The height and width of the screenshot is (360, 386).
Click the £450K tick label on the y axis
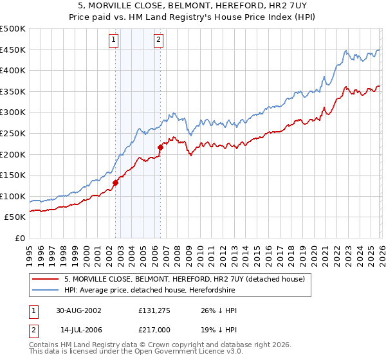(x=13, y=50)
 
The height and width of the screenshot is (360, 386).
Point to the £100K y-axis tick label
(x=13, y=196)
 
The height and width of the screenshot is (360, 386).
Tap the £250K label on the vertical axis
(x=13, y=133)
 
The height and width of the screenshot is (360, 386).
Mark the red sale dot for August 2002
(x=116, y=183)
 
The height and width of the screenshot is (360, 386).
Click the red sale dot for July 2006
(x=160, y=147)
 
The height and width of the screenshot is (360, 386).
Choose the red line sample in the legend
(x=46, y=279)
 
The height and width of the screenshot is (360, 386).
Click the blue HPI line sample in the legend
(x=46, y=290)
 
